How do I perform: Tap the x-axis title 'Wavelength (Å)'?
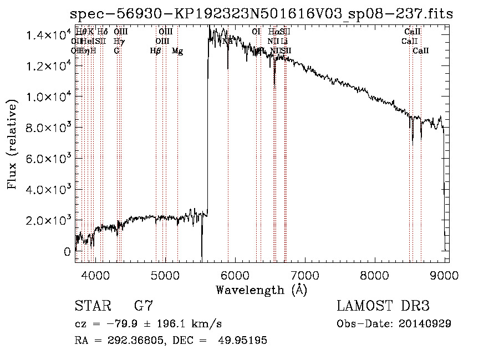261,290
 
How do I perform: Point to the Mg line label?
177,51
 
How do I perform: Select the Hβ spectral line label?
155,51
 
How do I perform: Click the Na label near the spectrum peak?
227,41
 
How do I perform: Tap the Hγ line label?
118,41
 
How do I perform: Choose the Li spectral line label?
284,41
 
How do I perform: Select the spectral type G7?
144,306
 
